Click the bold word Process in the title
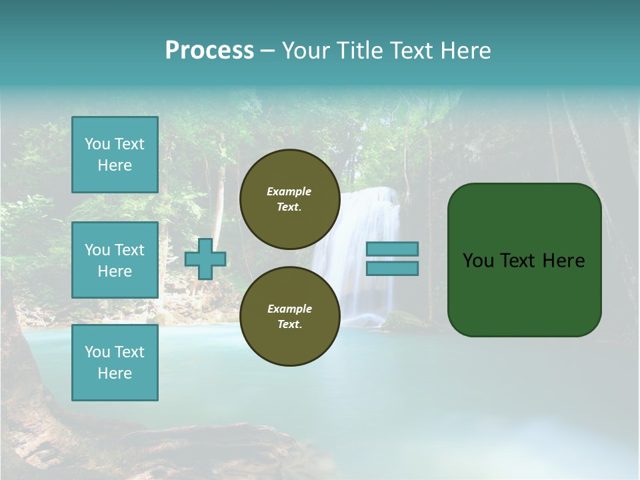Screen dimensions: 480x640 point(209,51)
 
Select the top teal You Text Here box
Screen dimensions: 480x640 point(115,155)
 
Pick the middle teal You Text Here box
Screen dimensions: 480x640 point(115,260)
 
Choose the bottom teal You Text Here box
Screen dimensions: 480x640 point(115,363)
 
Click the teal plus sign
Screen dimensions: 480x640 point(205,259)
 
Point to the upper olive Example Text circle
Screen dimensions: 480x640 point(289,199)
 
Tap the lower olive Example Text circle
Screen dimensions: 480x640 point(289,317)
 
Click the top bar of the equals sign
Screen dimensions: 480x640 point(392,249)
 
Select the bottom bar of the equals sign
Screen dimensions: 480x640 point(392,269)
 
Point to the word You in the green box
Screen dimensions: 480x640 point(478,261)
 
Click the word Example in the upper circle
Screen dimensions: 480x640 point(289,191)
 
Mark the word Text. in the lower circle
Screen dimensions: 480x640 point(289,325)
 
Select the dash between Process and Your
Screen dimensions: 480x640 point(268,51)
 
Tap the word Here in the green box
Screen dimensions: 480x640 point(563,261)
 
